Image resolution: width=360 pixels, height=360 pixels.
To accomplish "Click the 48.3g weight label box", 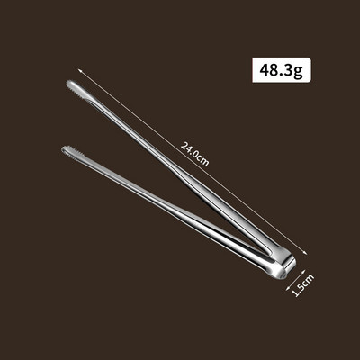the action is pyautogui.click(x=282, y=70).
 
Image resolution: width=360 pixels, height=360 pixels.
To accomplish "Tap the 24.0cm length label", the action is pyautogui.click(x=194, y=154).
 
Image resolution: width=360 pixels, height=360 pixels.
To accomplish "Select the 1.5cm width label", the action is pyautogui.click(x=303, y=285).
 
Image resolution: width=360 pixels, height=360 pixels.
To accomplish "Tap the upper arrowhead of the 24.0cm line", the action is pyautogui.click(x=80, y=71).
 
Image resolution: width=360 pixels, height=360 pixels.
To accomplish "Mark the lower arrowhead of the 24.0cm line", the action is pyautogui.click(x=306, y=253).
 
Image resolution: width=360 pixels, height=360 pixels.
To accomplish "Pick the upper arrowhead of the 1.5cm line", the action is pyautogui.click(x=303, y=271).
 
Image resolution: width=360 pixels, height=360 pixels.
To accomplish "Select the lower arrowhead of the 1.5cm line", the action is pyautogui.click(x=288, y=288).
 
